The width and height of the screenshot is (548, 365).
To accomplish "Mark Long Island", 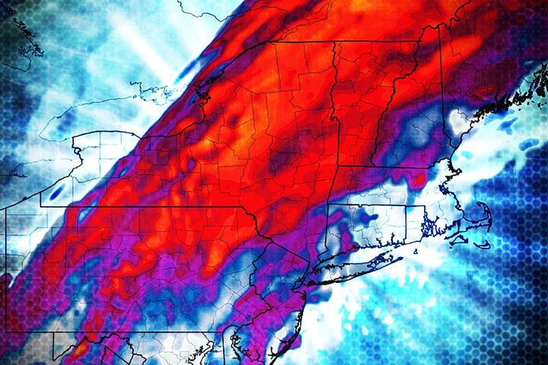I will (358, 263).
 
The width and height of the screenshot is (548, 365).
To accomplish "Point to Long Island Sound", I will (365, 249).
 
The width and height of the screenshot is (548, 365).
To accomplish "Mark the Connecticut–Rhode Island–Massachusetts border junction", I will (406, 206).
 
